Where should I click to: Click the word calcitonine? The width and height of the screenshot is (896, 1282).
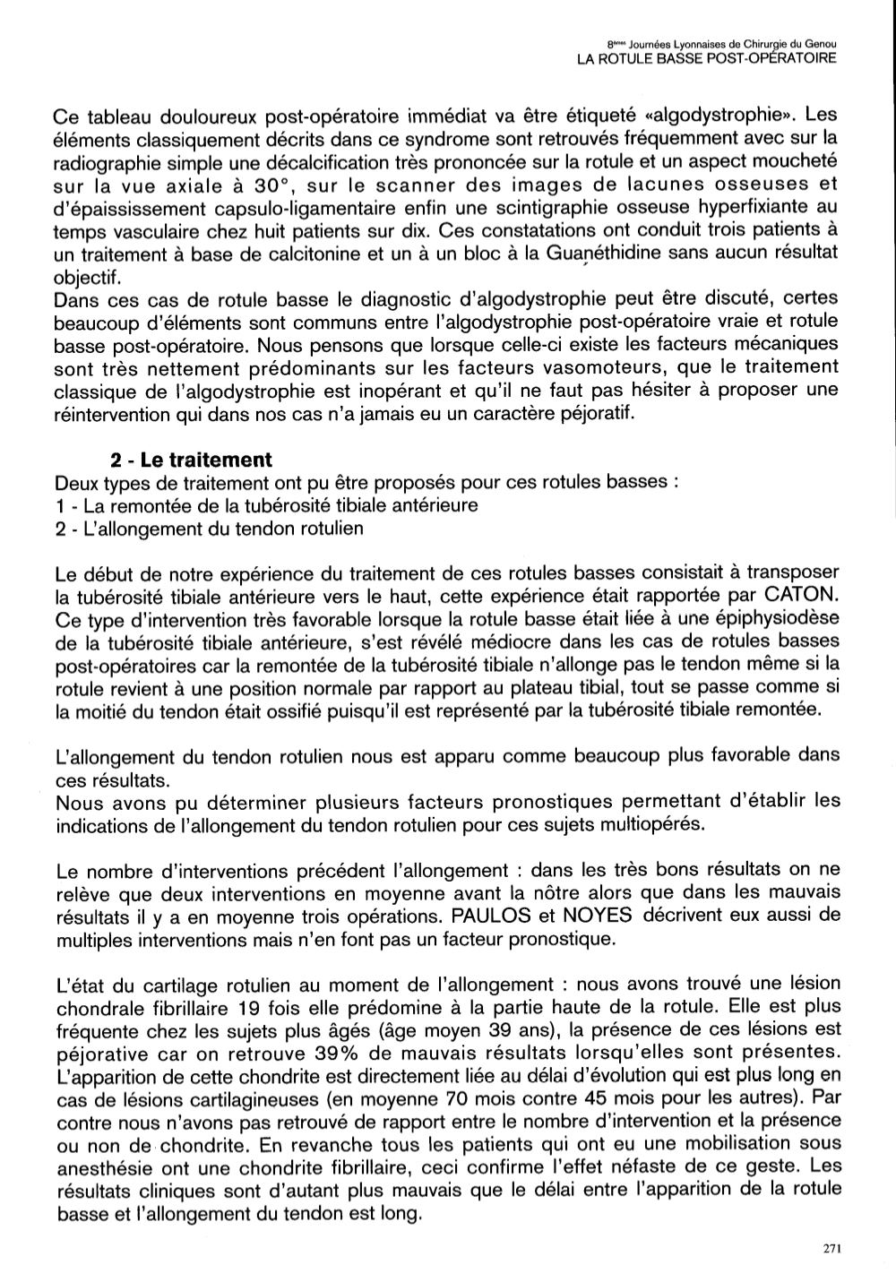coord(284,254)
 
